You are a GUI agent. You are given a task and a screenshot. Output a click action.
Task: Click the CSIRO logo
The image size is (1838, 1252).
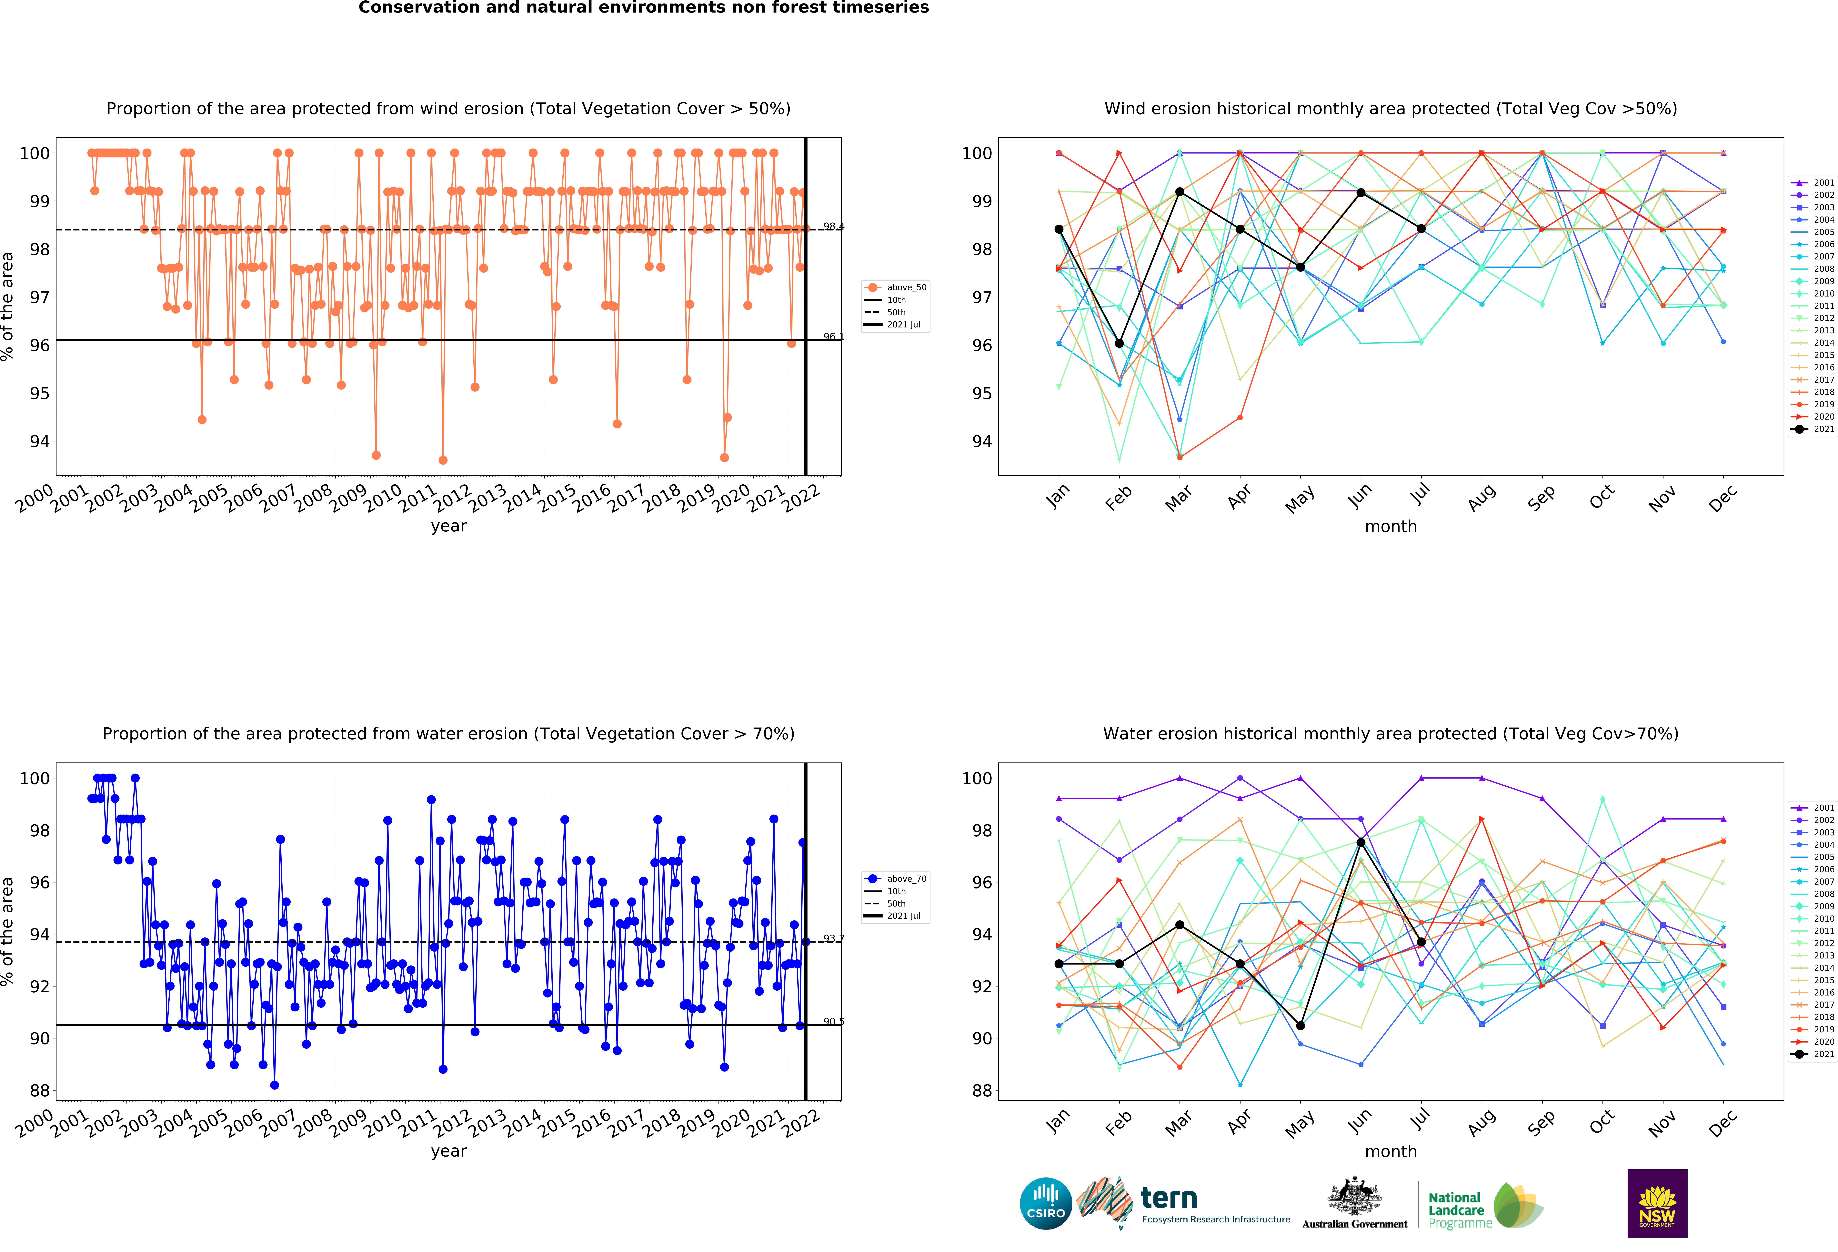click(x=1046, y=1204)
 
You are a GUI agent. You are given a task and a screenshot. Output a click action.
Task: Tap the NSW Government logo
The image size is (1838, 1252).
click(x=1657, y=1203)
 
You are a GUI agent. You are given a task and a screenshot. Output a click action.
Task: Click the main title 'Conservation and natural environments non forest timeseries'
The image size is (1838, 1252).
click(x=644, y=8)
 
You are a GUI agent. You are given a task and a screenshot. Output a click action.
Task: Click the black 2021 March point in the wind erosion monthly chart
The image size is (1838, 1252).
click(x=1179, y=192)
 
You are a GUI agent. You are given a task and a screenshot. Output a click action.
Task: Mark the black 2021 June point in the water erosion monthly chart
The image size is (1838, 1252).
click(x=1360, y=843)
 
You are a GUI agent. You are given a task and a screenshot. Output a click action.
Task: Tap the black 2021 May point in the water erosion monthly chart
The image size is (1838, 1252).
click(x=1300, y=1026)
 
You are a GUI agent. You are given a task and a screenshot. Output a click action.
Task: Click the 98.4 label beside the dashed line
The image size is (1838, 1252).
click(x=834, y=227)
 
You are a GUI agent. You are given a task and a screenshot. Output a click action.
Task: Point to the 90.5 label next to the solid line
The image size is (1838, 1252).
click(x=834, y=1022)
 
